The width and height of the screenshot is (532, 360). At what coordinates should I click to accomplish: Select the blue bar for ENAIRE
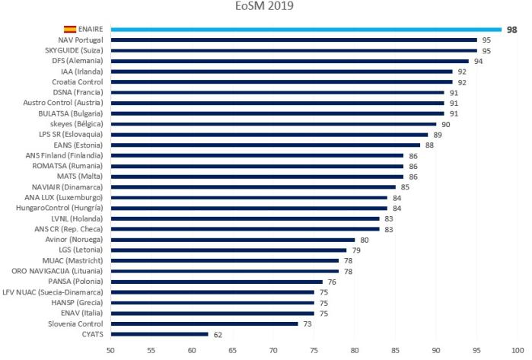coord(304,29)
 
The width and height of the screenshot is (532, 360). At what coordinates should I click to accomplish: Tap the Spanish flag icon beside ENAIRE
coord(69,29)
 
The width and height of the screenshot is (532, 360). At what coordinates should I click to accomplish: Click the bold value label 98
coord(512,29)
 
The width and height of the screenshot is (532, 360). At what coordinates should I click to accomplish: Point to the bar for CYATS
coord(159,333)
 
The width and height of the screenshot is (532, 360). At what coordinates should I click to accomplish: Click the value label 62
coord(217,333)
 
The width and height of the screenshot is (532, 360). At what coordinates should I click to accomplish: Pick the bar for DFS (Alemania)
coord(289,61)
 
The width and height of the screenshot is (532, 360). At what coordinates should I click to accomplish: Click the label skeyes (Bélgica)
coord(80,123)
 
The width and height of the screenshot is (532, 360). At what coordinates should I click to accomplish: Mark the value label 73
coord(307,323)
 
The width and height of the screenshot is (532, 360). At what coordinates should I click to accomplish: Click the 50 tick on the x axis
coord(110,351)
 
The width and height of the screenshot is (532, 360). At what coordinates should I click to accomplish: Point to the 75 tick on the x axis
coord(314,351)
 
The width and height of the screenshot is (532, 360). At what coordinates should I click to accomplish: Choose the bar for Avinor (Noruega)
coord(232,239)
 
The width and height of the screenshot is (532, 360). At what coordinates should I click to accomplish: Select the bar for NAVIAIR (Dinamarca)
coord(253,186)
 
